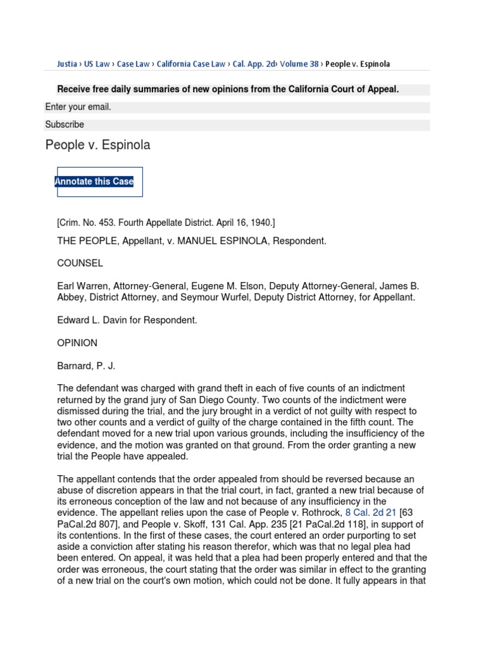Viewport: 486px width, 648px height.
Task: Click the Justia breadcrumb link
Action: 66,64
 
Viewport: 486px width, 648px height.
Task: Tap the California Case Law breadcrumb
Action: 190,64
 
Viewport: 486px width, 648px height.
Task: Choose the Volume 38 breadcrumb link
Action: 299,64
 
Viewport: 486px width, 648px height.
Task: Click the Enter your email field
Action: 237,108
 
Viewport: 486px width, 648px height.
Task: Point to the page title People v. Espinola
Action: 97,146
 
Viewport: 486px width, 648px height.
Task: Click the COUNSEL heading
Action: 80,263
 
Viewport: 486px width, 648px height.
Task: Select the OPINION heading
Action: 77,343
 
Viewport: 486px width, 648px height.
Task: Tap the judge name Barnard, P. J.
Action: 86,366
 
